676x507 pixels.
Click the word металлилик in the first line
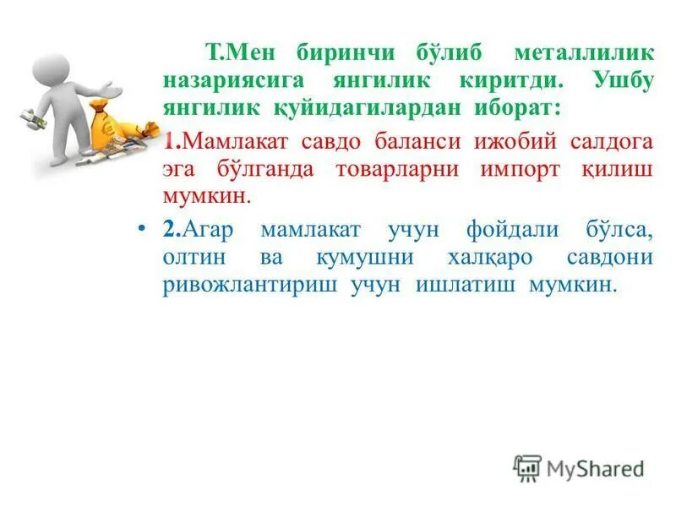coord(584,52)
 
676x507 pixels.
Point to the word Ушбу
coord(618,81)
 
